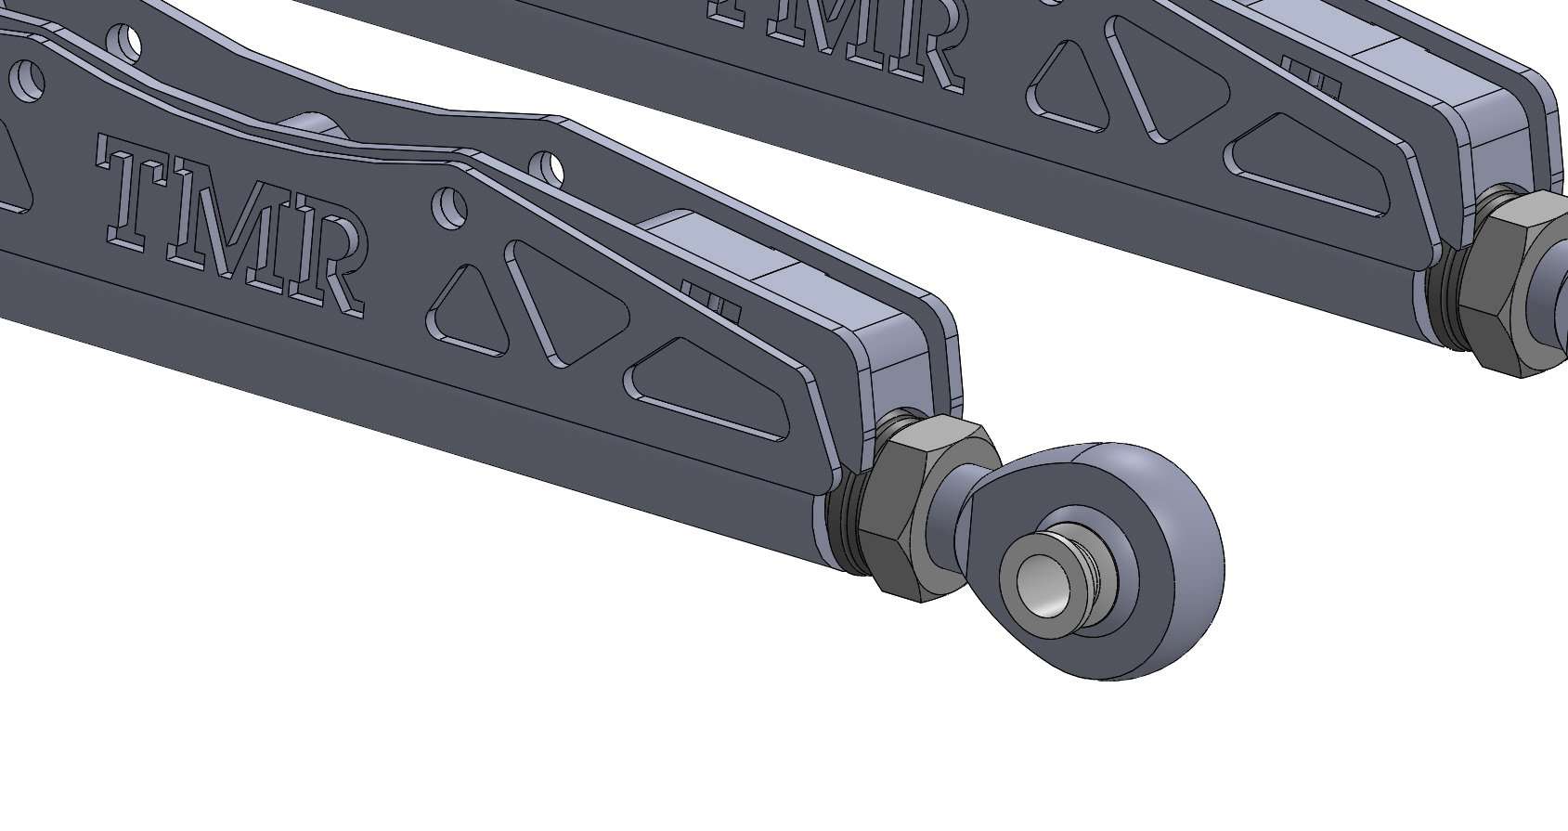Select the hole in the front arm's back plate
coord(550,167)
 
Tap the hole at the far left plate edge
coord(28,79)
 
